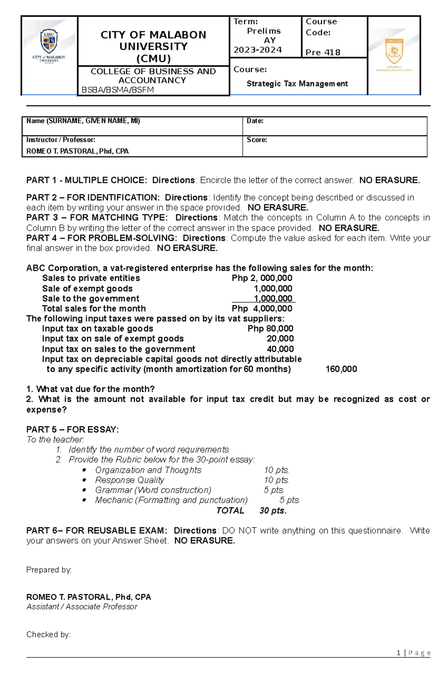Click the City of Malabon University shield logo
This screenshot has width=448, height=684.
[49, 42]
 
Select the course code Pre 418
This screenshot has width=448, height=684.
[323, 53]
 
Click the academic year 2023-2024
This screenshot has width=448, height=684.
[258, 50]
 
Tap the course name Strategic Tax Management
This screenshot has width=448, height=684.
[297, 84]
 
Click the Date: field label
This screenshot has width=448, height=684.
[255, 121]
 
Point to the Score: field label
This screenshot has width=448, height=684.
[257, 140]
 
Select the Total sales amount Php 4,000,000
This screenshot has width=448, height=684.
[262, 309]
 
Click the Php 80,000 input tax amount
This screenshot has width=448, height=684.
[270, 328]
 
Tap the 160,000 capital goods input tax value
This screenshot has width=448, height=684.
[341, 369]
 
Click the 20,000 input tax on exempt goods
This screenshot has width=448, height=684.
[280, 338]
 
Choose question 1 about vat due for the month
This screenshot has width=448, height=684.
[90, 389]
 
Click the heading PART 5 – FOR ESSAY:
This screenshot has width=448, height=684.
[72, 429]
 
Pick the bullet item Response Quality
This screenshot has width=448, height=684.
[130, 480]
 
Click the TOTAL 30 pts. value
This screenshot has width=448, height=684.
[273, 511]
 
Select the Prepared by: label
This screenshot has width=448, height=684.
[49, 570]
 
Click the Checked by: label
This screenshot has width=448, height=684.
[49, 634]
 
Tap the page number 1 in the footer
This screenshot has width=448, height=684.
[399, 653]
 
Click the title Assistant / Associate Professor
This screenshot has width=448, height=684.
[82, 607]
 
